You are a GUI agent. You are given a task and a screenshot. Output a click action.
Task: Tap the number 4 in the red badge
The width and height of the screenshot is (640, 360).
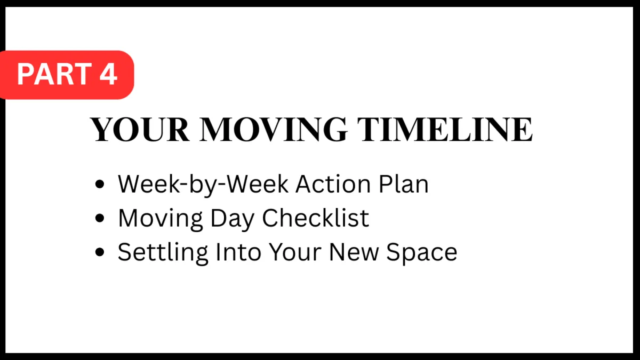108,74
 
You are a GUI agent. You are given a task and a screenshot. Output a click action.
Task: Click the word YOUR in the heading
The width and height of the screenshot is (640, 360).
139,130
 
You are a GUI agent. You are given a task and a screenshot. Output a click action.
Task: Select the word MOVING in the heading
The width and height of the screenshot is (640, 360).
273,130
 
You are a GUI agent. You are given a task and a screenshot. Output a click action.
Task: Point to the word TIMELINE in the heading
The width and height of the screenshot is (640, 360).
445,130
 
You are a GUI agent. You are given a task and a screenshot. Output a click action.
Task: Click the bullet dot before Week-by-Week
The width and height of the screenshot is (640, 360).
99,184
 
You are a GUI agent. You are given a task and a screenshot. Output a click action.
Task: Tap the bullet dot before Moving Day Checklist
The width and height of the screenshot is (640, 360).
99,218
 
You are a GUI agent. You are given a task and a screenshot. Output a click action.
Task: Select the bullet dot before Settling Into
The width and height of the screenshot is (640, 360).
99,252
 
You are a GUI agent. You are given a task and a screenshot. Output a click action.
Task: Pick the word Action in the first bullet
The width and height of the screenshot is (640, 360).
333,184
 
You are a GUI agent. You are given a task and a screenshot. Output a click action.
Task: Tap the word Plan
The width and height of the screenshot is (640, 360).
404,184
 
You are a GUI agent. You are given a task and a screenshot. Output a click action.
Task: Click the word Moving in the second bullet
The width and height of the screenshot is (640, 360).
161,219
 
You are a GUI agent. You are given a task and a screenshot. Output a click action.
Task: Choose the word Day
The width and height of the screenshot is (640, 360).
233,219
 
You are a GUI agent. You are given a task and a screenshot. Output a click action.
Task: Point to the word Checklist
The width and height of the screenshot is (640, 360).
315,218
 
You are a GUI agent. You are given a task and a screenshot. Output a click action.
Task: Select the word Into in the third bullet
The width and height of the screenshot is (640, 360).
238,252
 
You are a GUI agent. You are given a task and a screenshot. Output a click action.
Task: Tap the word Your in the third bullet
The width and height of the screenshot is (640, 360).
295,252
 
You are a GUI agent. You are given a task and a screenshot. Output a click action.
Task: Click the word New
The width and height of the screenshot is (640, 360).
354,252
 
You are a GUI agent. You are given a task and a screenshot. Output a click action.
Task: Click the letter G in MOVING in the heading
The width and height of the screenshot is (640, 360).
335,130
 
